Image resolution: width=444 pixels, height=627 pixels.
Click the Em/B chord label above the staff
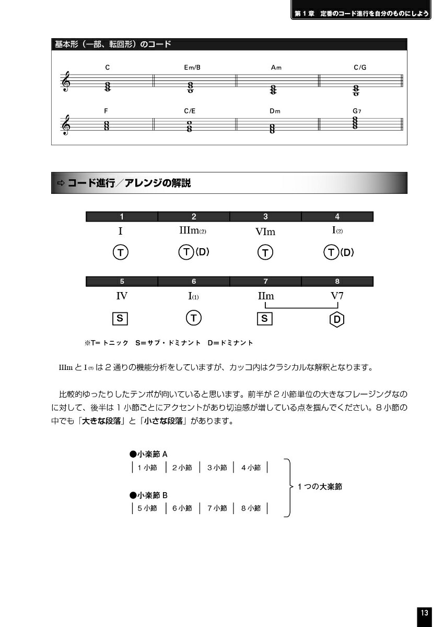192,67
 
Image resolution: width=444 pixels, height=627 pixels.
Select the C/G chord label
360,67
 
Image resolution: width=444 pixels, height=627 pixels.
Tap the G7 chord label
357,111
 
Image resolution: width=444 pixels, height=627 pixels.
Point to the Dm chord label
275,111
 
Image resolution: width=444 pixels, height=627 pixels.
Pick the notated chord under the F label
107,126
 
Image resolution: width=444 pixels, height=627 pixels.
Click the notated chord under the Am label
273,90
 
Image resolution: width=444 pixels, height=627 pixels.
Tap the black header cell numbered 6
194,282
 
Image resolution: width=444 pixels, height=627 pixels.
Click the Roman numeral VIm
265,232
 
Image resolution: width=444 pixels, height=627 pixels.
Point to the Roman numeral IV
122,296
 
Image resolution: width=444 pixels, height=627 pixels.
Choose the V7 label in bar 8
337,296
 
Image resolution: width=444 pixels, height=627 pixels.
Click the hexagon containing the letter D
337,319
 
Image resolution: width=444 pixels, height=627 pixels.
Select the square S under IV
120,318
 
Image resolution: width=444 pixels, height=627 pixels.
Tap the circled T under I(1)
194,318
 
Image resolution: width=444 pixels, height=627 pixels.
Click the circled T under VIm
265,253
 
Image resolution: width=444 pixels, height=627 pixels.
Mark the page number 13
424,613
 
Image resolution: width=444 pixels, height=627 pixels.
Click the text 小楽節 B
149,495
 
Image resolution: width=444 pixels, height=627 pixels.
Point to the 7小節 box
216,508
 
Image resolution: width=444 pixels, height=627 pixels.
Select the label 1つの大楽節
320,486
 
